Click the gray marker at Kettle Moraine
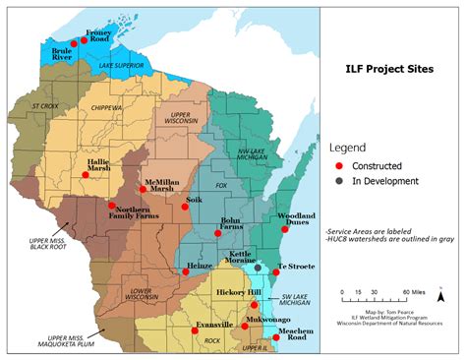click(x=258, y=268)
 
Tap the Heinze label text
click(x=201, y=253)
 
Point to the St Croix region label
click(x=46, y=104)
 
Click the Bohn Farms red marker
click(x=219, y=234)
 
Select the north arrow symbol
click(x=441, y=293)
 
